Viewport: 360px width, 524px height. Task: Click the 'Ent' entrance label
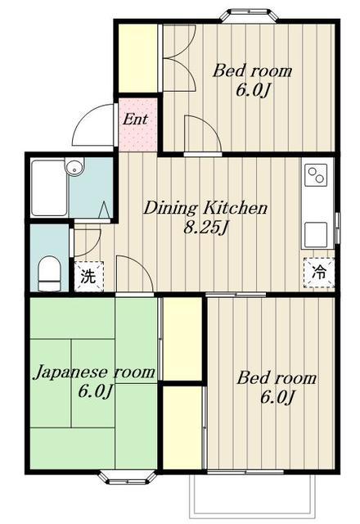coord(135,120)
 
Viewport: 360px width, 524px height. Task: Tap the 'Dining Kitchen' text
coord(205,208)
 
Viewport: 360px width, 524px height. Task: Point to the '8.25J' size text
coord(205,228)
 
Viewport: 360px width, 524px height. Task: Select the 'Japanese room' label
coord(95,372)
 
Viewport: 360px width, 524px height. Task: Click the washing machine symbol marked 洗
coord(88,277)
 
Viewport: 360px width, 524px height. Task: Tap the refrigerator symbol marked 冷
coord(319,273)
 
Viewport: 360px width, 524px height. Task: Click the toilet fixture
coord(49,273)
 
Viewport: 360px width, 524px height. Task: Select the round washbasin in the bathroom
coord(74,167)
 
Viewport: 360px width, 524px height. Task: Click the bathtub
coord(49,188)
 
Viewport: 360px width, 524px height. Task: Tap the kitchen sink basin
coord(316,234)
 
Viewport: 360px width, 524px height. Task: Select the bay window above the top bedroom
coord(250,16)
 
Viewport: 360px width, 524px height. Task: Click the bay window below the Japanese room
coord(128,477)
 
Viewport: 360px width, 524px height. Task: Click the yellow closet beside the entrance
coord(138,58)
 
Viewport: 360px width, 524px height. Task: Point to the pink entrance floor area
coord(137,124)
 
